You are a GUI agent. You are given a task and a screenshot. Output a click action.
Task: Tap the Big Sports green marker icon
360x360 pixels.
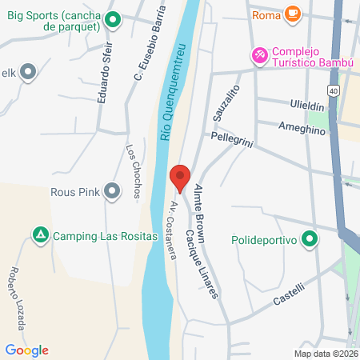point(113,20)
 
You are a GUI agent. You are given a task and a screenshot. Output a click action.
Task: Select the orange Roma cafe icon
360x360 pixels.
point(294,14)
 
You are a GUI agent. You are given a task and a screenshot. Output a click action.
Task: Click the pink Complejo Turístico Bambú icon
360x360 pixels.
point(258,55)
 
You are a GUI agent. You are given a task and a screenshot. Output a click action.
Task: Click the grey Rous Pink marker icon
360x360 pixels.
point(111,190)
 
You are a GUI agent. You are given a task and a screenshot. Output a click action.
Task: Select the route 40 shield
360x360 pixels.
point(332,90)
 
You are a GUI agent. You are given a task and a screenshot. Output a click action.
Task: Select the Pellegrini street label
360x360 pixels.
point(233,137)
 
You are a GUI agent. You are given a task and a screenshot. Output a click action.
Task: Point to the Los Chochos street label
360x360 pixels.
point(134,170)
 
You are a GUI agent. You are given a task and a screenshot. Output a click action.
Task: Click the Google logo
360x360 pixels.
point(26,350)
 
